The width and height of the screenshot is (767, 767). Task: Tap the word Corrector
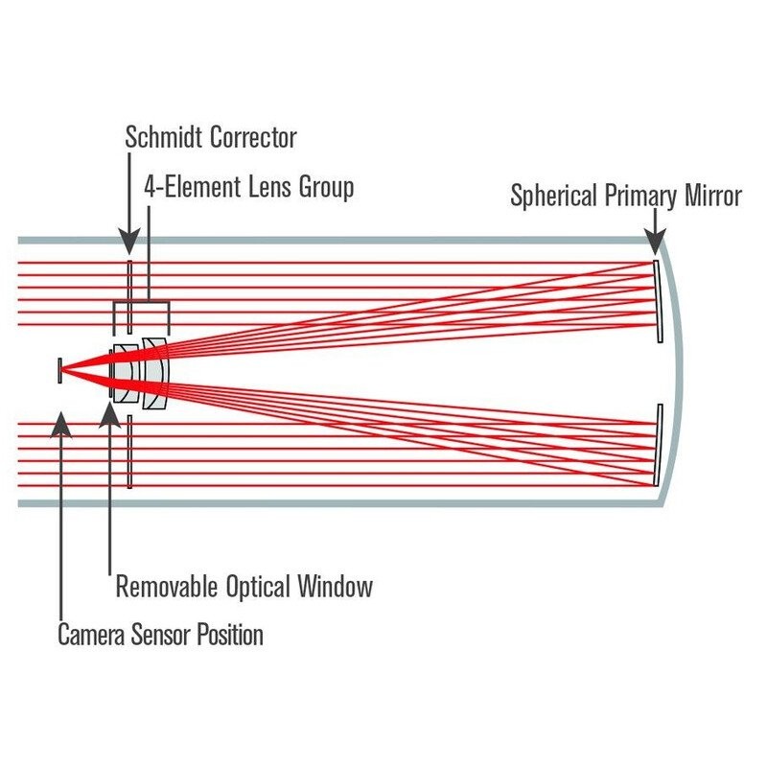pyautogui.click(x=254, y=137)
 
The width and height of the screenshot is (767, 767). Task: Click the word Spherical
pyautogui.click(x=554, y=197)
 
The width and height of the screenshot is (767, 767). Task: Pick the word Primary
pyautogui.click(x=641, y=197)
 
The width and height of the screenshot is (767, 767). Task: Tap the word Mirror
pyautogui.click(x=713, y=196)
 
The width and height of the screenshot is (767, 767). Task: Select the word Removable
pyautogui.click(x=167, y=586)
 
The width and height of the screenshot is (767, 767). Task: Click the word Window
pyautogui.click(x=335, y=586)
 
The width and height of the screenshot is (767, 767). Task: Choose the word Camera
pyautogui.click(x=91, y=635)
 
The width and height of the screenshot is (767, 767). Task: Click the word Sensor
pyautogui.click(x=160, y=635)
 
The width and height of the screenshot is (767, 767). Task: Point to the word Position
pyautogui.click(x=230, y=635)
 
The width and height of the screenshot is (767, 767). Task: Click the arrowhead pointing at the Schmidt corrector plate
pyautogui.click(x=129, y=242)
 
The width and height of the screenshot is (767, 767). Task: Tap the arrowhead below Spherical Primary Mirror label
pyautogui.click(x=655, y=242)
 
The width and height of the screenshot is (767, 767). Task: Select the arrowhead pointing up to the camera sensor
pyautogui.click(x=60, y=425)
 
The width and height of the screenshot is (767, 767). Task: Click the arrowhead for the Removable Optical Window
pyautogui.click(x=109, y=415)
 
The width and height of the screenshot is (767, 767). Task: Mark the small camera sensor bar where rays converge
pyautogui.click(x=59, y=371)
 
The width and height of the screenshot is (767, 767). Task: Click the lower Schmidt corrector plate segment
pyautogui.click(x=129, y=452)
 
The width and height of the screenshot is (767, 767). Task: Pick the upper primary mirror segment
pyautogui.click(x=659, y=301)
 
